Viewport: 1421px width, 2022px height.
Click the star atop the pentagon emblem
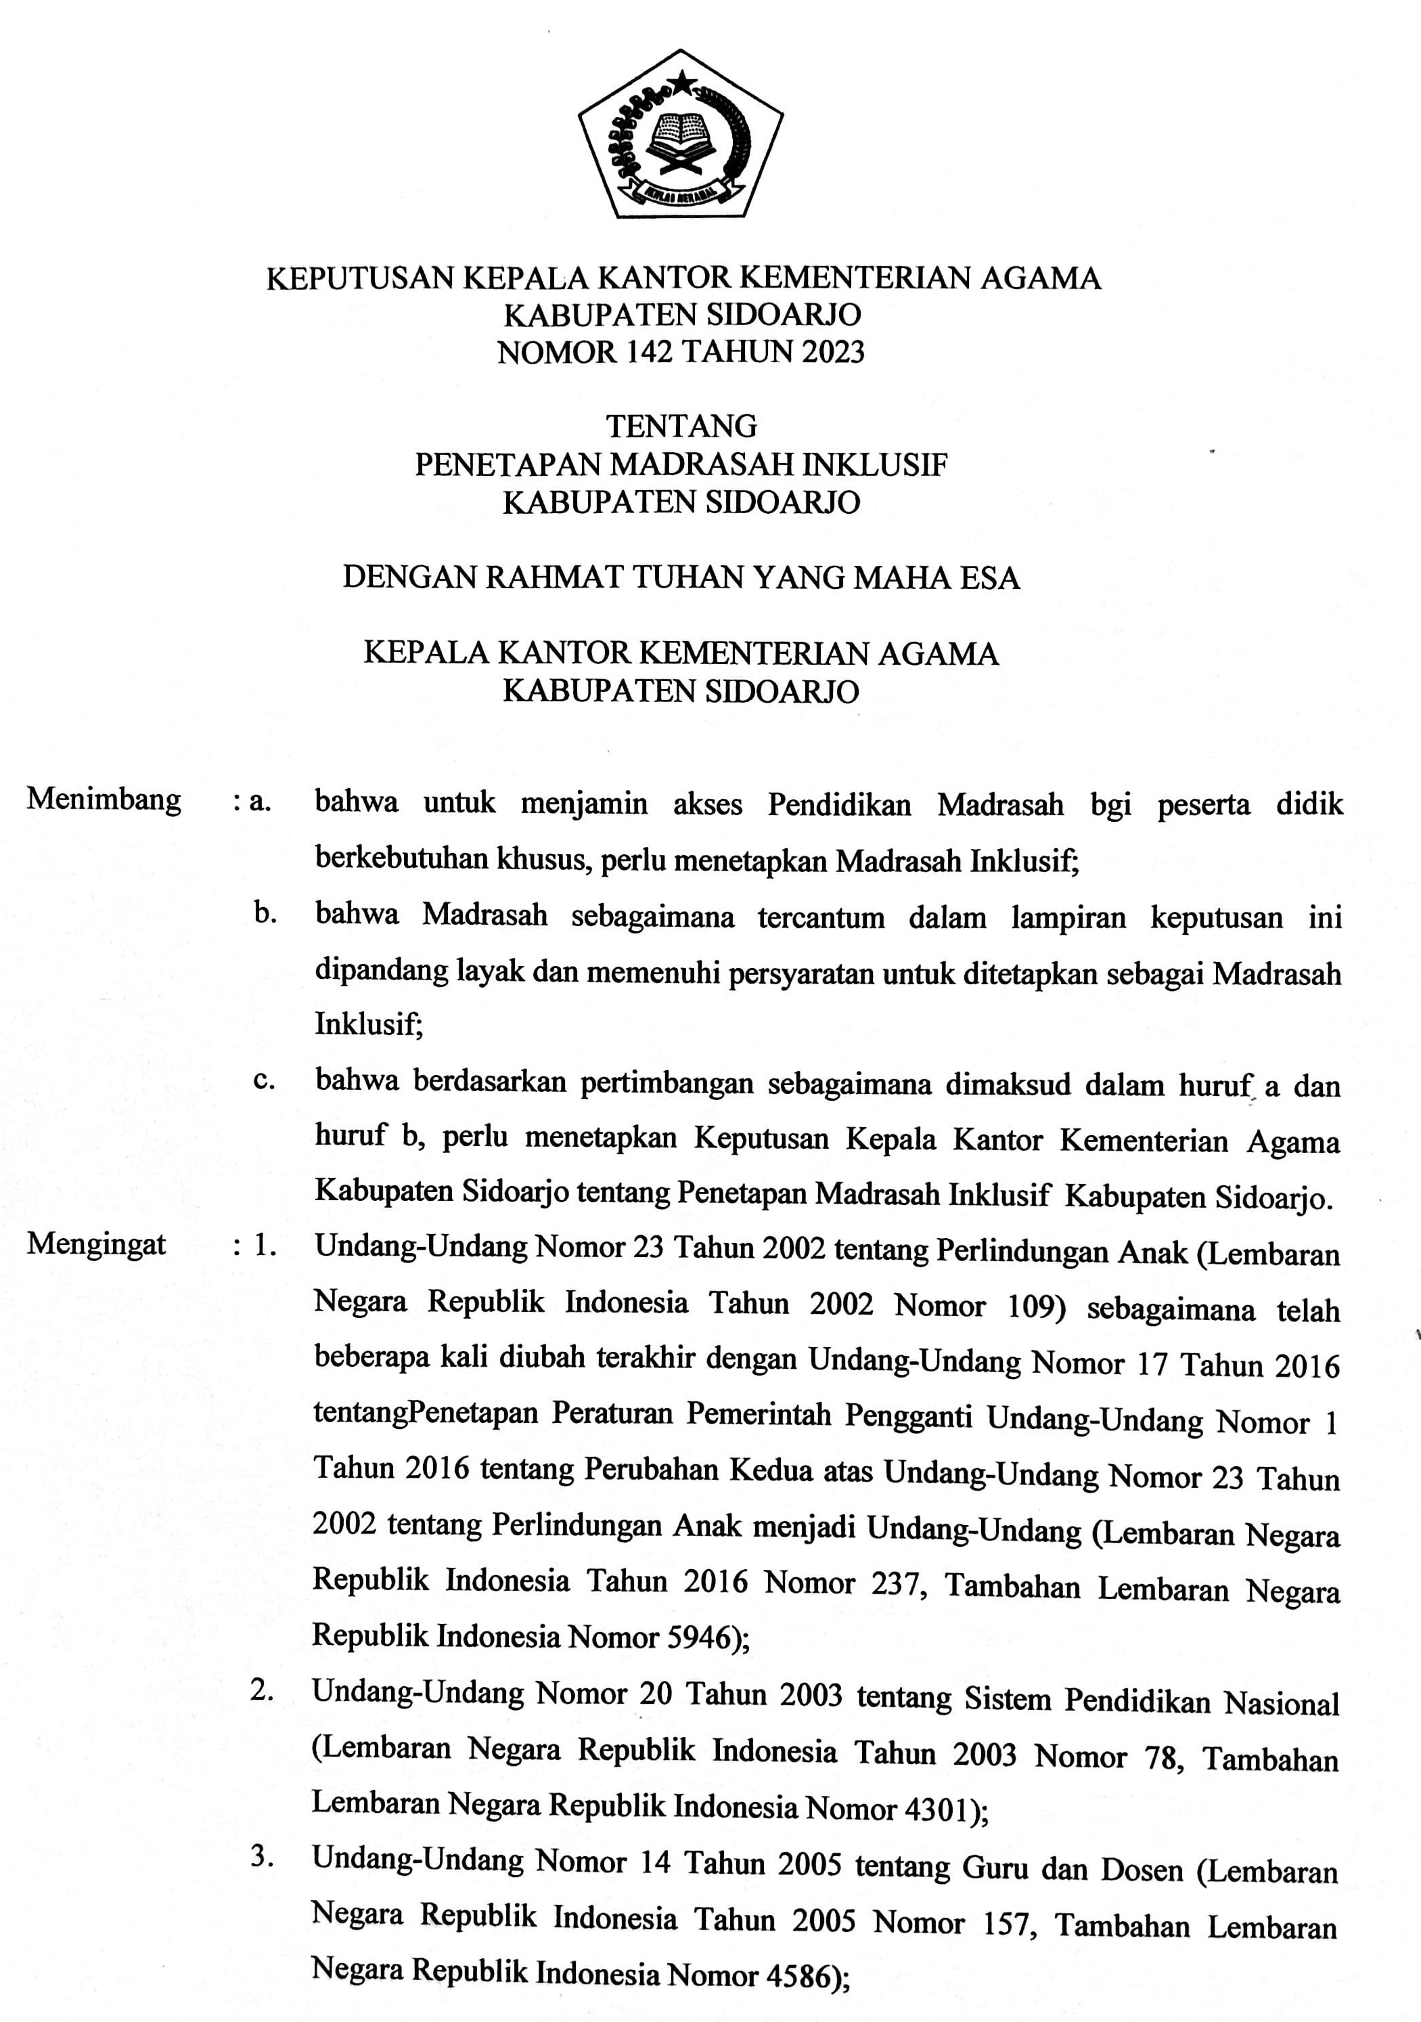(x=681, y=85)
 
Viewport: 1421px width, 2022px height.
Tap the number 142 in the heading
(x=650, y=352)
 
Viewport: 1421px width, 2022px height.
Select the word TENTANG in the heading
(x=681, y=427)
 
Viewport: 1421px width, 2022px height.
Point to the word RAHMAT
(x=555, y=577)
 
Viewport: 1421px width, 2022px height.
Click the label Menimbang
(x=104, y=799)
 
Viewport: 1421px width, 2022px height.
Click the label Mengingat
(x=97, y=1244)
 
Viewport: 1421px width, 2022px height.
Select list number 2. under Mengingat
(x=261, y=1690)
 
